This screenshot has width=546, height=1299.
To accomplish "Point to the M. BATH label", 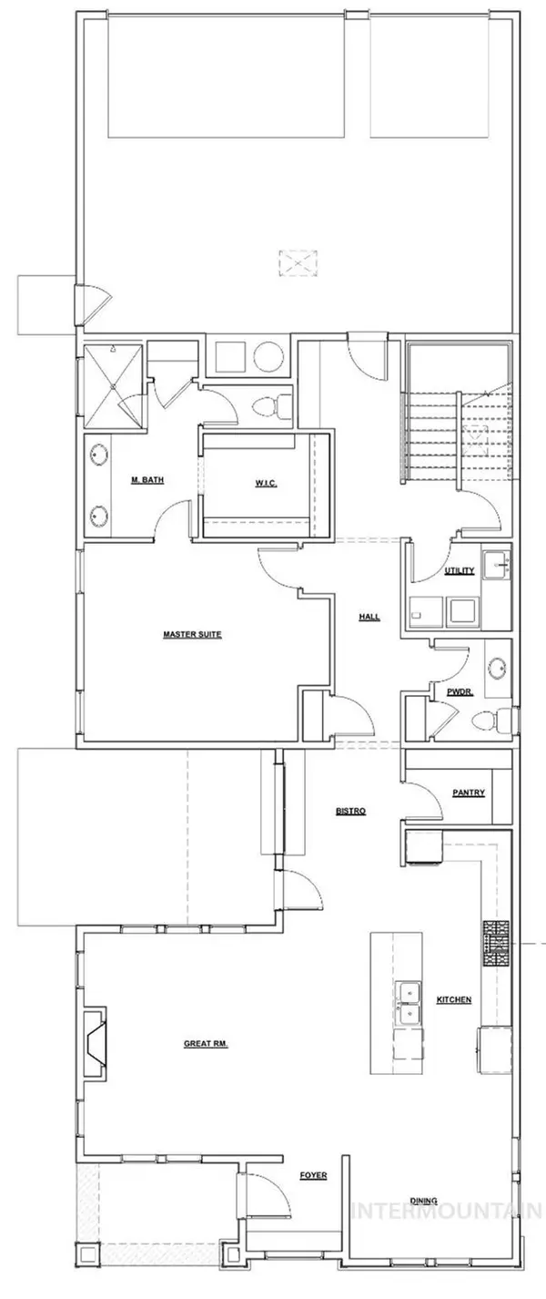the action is click(x=147, y=479).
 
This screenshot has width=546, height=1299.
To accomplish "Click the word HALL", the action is click(x=369, y=617).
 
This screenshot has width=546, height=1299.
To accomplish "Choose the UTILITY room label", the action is click(x=460, y=570).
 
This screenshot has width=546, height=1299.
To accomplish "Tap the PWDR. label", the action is click(x=460, y=691).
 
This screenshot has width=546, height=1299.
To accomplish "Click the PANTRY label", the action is click(x=469, y=793).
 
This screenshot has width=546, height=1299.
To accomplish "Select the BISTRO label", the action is click(x=350, y=811).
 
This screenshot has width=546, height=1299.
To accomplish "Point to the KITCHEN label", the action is click(x=454, y=1000).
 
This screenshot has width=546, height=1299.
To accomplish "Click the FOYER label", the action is click(x=313, y=1175).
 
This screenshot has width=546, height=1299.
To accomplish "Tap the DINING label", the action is click(x=424, y=1201).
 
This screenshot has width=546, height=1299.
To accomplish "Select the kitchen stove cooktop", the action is click(x=497, y=944).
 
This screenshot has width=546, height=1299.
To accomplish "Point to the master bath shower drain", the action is click(x=114, y=385).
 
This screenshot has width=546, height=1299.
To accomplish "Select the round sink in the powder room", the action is click(x=498, y=668).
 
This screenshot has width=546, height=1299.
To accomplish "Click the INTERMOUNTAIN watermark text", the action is click(x=447, y=1211).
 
